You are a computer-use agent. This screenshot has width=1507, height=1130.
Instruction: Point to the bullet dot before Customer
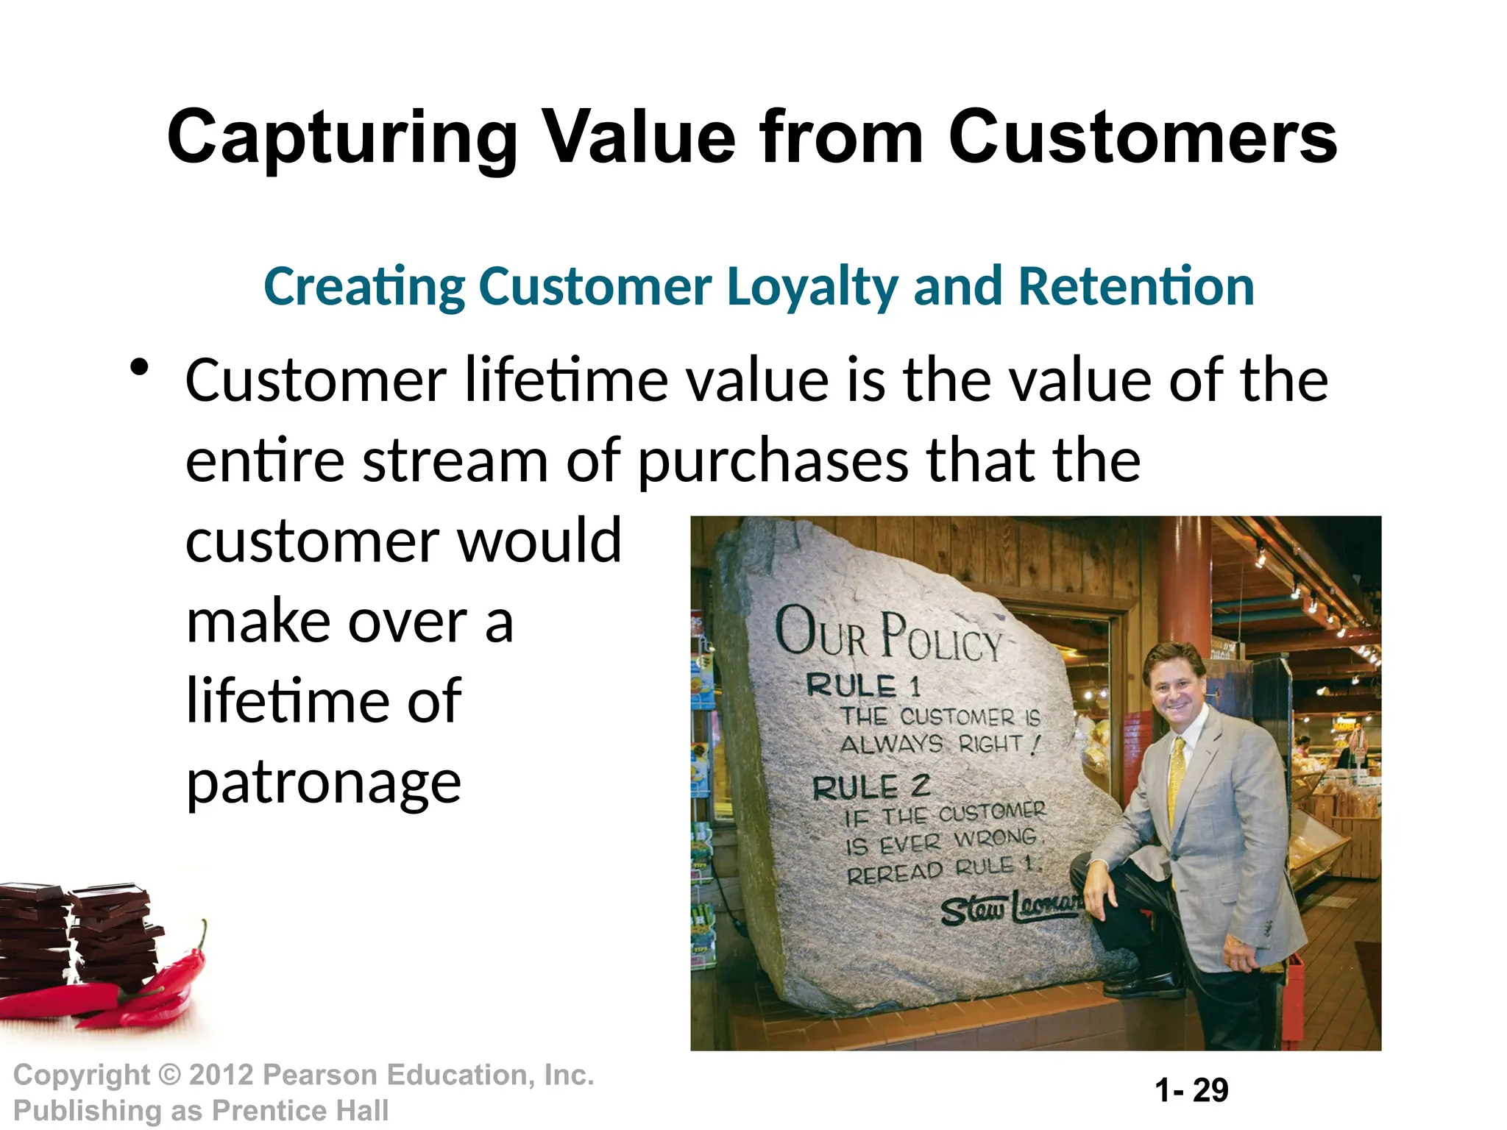tap(138, 367)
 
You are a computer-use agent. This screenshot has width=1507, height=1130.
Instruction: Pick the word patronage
tap(323, 783)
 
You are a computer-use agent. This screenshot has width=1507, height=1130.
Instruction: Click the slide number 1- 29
tap(1191, 1090)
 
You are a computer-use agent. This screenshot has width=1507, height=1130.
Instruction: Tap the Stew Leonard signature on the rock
tap(1008, 909)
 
